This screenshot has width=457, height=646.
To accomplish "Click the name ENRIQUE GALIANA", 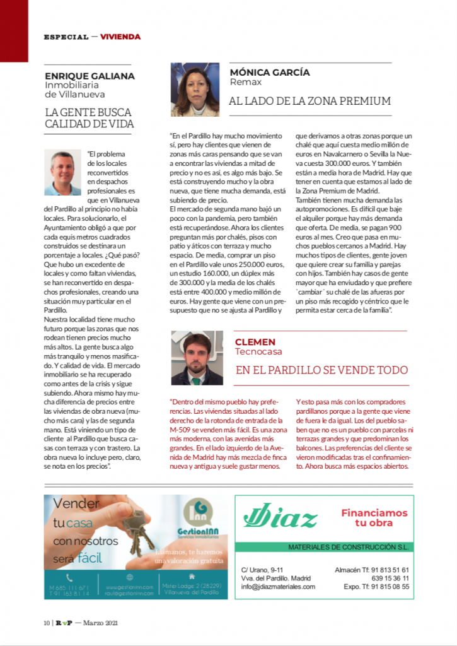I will click(x=90, y=76).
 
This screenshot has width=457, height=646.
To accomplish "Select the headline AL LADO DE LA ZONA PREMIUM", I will click(x=309, y=101).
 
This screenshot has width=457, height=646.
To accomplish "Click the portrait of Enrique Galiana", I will click(x=62, y=173).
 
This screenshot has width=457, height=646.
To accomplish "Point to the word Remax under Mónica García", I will click(x=245, y=82).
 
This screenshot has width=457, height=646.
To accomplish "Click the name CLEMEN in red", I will click(x=255, y=342).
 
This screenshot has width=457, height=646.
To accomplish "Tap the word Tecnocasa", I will click(x=258, y=351).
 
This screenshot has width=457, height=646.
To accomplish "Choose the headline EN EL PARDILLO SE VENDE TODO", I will click(x=321, y=370).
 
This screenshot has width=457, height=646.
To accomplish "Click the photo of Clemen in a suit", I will click(x=197, y=358).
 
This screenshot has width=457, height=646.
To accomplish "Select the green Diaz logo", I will click(x=280, y=518).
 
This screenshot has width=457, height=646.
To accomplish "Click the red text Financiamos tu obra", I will click(x=374, y=517).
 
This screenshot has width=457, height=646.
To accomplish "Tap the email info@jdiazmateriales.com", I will click(x=278, y=587).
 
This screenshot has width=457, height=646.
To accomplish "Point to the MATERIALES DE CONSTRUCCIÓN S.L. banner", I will click(x=348, y=547).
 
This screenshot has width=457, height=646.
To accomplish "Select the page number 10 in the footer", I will click(x=47, y=623).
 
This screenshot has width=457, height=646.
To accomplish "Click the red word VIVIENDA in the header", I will click(x=120, y=37).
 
